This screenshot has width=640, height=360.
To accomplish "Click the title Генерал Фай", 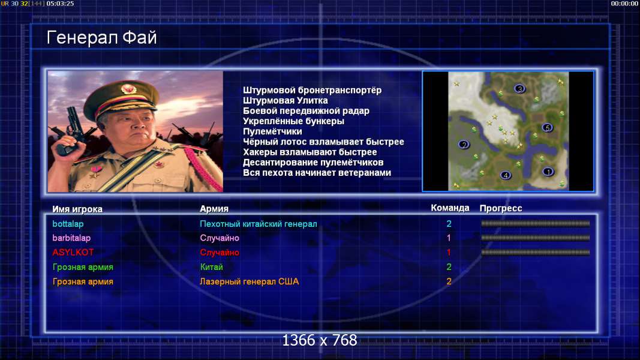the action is [x=101, y=38].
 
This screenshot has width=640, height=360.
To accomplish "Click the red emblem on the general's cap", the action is [x=128, y=89].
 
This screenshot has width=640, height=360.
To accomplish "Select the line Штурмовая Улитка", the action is [x=286, y=100].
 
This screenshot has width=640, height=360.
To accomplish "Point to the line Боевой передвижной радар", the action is [x=306, y=111].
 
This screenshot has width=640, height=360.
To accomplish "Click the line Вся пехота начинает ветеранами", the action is [x=317, y=173].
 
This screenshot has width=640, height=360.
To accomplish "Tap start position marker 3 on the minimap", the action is [x=519, y=89].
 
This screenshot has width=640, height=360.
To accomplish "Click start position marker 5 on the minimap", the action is [x=548, y=128].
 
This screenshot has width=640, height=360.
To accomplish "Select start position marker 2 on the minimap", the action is [x=464, y=145].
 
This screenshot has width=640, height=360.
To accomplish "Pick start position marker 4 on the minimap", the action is [x=506, y=175].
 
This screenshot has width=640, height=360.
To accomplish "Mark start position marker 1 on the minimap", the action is [x=548, y=172].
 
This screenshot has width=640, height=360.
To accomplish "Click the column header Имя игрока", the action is [x=77, y=209].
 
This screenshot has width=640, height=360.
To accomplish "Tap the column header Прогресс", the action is [x=501, y=208].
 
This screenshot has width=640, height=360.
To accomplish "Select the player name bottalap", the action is [x=68, y=224].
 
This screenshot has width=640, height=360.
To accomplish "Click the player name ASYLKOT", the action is [x=73, y=252].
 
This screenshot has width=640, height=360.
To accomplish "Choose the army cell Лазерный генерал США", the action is [x=250, y=281].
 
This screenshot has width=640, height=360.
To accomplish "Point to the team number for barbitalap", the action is [x=449, y=238].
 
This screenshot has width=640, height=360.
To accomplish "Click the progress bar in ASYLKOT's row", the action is [x=536, y=252].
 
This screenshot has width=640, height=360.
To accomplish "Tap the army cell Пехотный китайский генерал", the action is [x=259, y=224].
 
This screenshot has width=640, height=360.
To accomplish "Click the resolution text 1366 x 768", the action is [x=320, y=340].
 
